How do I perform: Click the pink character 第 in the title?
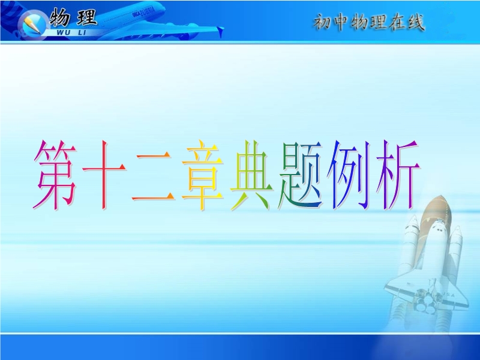pos(55,175)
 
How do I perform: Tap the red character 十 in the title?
pos(104,175)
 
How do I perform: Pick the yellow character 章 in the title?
pos(202,175)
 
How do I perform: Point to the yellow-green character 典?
pos(251,175)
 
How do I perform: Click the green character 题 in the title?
pos(300,175)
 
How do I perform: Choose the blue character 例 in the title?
pos(349,175)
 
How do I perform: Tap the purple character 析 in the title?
pos(397,175)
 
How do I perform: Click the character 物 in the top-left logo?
pos(59,17)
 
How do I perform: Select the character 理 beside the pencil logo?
pos(87,17)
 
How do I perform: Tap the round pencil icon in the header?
pos(32,24)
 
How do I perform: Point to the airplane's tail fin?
pos(220,31)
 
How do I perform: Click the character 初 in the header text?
pos(322,22)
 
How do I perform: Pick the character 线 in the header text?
pos(416,22)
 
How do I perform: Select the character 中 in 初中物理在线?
pos(341,22)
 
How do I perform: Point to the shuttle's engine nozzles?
pos(426,302)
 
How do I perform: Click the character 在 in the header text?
pos(397,22)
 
